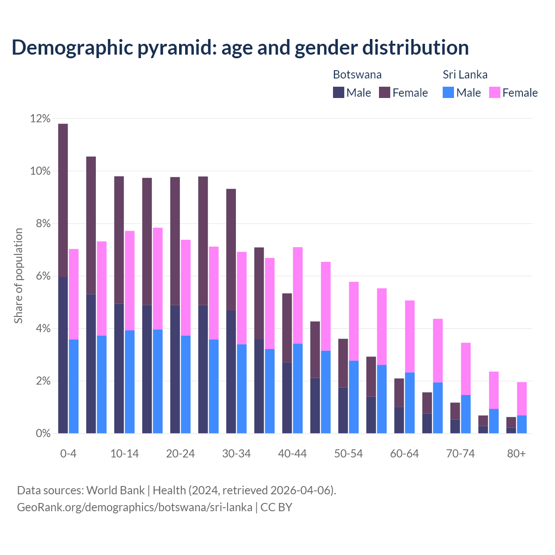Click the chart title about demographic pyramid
coord(240,48)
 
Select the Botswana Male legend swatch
coord(339,92)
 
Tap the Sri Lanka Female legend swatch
coord(494,92)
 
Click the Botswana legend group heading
coord(357,75)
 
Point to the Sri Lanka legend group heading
coord(465,75)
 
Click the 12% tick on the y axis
coord(40,119)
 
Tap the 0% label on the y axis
coord(42,434)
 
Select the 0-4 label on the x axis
coord(69,454)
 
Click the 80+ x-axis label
coord(516,454)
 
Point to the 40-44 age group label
coord(292,454)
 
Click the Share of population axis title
coord(19,276)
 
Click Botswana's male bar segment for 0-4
coord(63,355)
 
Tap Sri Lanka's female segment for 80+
coord(522,398)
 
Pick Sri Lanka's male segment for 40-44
coord(298,388)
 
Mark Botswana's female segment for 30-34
coord(231,250)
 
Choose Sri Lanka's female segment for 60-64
coord(410,336)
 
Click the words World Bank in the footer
coord(115,490)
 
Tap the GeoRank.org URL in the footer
coord(134,507)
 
